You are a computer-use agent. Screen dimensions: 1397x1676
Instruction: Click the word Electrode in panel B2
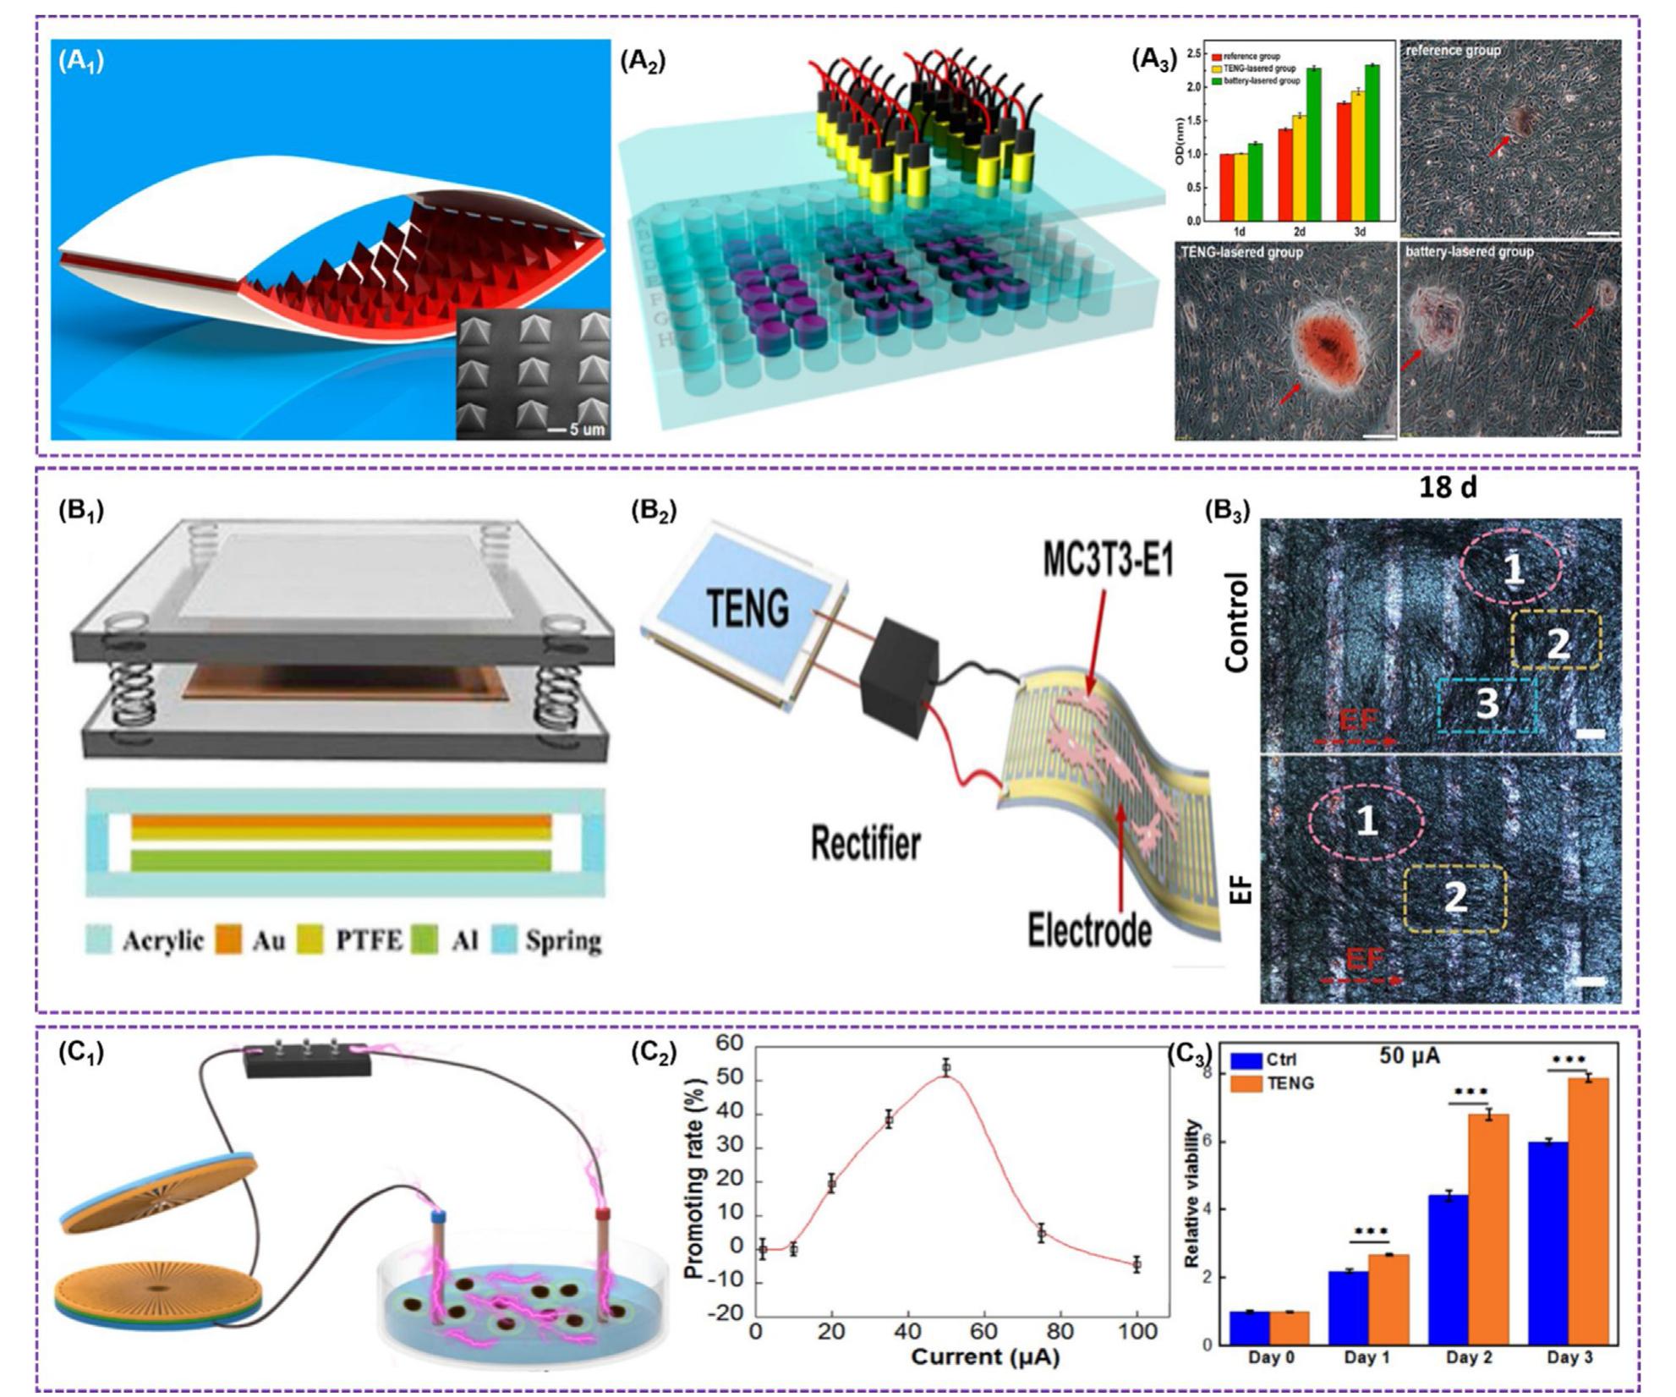click(1089, 929)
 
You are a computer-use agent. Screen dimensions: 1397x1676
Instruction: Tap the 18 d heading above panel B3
click(1447, 488)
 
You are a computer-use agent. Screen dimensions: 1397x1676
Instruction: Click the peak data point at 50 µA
click(946, 1091)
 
